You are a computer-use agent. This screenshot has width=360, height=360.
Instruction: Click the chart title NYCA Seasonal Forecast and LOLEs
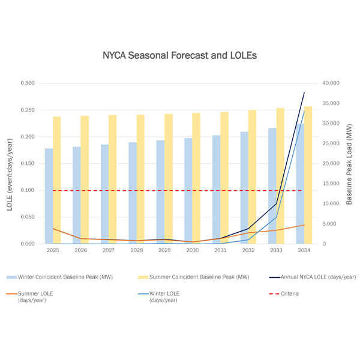[179, 55]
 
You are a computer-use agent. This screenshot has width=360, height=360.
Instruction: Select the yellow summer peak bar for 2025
[56, 180]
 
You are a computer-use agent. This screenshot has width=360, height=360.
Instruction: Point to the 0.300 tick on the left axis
[27, 83]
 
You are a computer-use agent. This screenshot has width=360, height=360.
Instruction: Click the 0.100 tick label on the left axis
[27, 191]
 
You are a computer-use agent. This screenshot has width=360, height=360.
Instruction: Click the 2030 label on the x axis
[192, 250]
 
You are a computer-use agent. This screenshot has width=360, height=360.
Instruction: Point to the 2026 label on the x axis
[80, 250]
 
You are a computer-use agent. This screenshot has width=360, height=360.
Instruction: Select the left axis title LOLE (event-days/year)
[10, 163]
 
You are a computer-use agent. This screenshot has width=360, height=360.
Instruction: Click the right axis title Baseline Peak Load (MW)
[349, 163]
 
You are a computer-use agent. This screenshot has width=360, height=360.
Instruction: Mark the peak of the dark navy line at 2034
[304, 93]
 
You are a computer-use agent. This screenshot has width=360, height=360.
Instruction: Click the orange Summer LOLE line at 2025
[53, 229]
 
